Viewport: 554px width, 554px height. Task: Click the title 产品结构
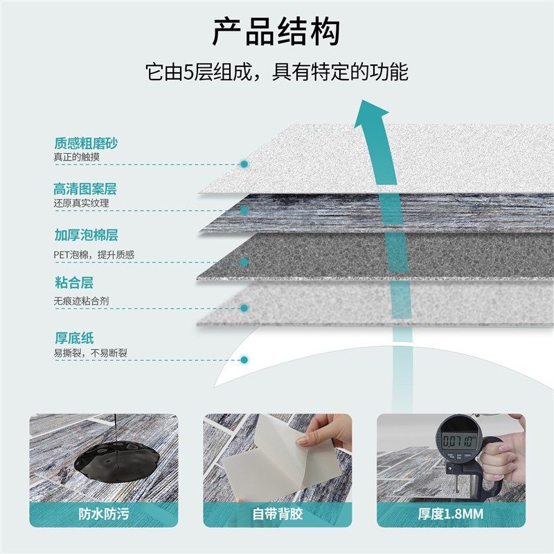[276, 33]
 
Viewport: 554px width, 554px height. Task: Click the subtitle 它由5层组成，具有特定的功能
[276, 72]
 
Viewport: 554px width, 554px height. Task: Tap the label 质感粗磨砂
[86, 144]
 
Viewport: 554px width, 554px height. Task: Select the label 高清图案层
[85, 189]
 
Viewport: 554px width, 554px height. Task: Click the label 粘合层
[73, 283]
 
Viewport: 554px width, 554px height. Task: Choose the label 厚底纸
[73, 338]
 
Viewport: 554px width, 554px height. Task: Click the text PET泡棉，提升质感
[94, 255]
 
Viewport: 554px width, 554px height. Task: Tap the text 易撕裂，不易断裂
[91, 353]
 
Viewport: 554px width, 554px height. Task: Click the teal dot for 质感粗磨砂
[244, 164]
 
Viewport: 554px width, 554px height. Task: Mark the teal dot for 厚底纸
[244, 359]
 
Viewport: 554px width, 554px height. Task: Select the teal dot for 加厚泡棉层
[244, 262]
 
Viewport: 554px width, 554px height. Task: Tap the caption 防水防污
[103, 514]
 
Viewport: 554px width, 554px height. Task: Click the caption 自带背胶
[277, 514]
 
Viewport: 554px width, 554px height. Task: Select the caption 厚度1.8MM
[451, 514]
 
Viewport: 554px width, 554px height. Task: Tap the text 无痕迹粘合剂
[82, 301]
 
